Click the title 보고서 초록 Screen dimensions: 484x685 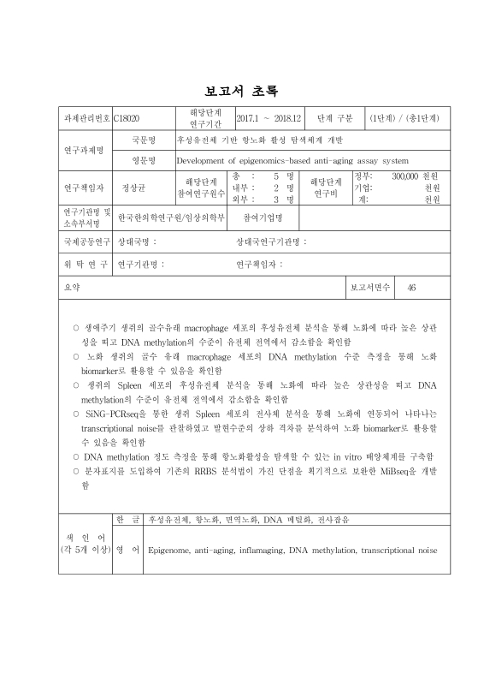(242, 91)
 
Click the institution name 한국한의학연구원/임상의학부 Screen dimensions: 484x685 (171, 217)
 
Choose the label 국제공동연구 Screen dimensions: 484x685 (83, 242)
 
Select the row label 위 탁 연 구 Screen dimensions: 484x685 (83, 265)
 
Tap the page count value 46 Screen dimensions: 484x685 (411, 287)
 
